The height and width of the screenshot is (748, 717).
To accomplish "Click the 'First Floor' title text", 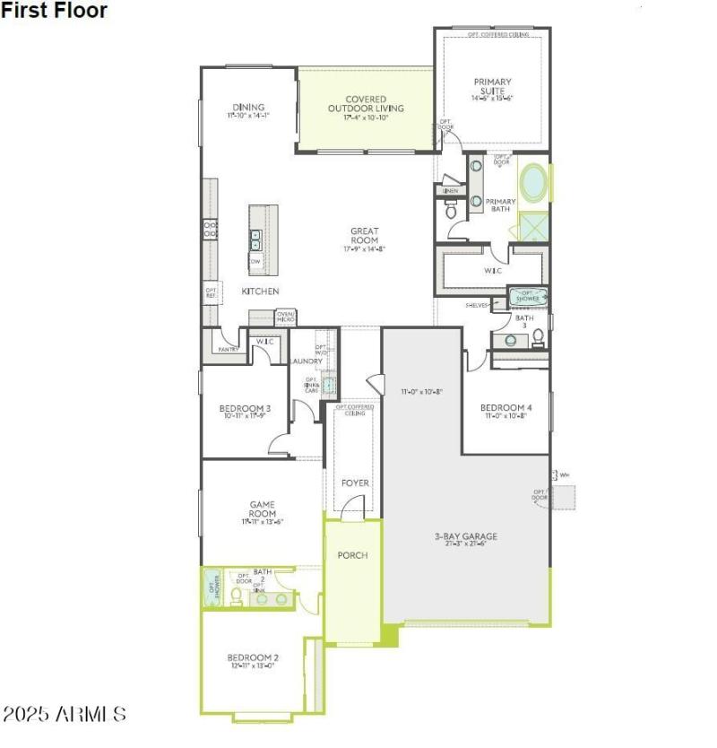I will pyautogui.click(x=54, y=11).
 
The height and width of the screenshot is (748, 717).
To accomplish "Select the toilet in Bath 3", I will pyautogui.click(x=538, y=337).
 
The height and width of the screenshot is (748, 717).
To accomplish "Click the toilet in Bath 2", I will pyautogui.click(x=237, y=595).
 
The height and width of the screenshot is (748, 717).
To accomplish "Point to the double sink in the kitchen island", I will pyautogui.click(x=255, y=239).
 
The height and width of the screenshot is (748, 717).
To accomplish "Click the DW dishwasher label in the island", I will pyautogui.click(x=255, y=262).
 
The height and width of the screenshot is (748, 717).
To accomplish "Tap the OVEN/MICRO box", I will pyautogui.click(x=286, y=317).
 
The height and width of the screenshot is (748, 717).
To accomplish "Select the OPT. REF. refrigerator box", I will pyautogui.click(x=212, y=292).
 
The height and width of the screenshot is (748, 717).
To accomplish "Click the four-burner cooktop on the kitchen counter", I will pyautogui.click(x=211, y=230).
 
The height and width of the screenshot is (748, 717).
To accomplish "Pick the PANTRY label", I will pyautogui.click(x=228, y=349).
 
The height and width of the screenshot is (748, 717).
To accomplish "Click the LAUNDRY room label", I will pyautogui.click(x=306, y=361).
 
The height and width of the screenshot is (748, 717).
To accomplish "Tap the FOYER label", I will pyautogui.click(x=355, y=483).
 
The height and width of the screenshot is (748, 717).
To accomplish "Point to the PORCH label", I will pyautogui.click(x=352, y=555).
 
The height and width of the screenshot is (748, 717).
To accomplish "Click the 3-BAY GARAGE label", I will pyautogui.click(x=465, y=537).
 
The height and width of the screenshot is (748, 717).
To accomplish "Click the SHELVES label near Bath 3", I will pyautogui.click(x=477, y=305).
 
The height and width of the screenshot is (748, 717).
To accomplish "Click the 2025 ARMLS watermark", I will pyautogui.click(x=64, y=715).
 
